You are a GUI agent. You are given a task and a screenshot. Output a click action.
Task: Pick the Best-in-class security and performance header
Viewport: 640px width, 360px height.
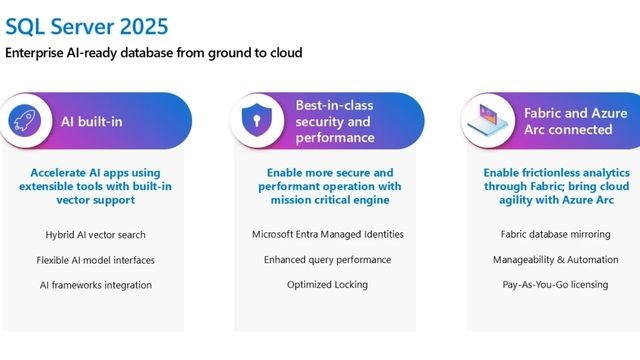coord(335,121)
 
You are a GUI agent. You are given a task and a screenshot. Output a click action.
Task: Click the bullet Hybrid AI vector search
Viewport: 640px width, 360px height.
coord(92,234)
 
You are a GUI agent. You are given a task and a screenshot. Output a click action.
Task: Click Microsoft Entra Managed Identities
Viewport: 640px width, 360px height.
coord(327,234)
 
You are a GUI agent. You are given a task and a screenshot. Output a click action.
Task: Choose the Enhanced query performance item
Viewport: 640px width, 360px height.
coord(327,260)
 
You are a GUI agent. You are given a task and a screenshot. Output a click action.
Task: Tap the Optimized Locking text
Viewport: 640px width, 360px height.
coord(327,285)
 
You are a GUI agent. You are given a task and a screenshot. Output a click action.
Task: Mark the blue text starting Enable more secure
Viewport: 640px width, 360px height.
coord(327,186)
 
